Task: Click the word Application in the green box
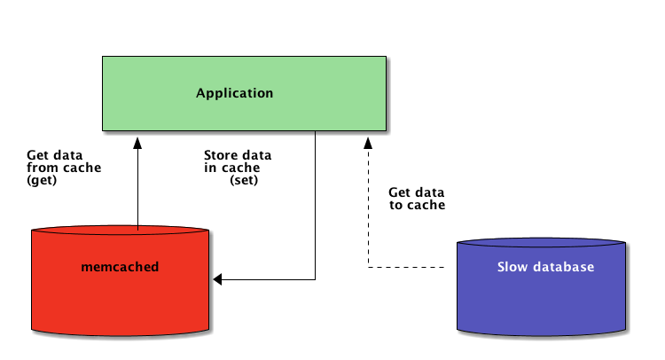tap(234, 93)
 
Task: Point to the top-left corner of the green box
tap(103, 58)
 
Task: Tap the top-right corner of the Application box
tap(386, 58)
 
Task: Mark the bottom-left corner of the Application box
tap(103, 130)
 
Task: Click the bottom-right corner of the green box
tap(386, 130)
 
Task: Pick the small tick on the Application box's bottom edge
tap(316, 133)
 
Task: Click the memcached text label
tap(120, 267)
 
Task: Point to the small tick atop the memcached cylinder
tap(138, 228)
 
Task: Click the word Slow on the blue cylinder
tap(512, 267)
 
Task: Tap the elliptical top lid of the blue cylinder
tap(541, 242)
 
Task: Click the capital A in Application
tap(200, 93)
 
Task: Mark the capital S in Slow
tap(501, 267)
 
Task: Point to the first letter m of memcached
tap(86, 268)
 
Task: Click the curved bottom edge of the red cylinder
tap(120, 334)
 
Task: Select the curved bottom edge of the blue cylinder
tap(541, 335)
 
